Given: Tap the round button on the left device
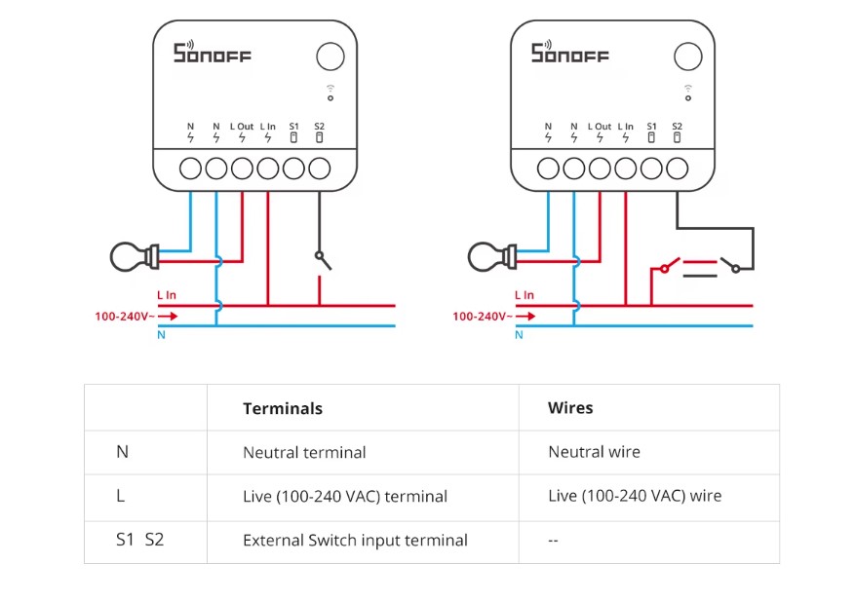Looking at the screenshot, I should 330,56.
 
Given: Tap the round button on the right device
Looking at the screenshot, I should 688,56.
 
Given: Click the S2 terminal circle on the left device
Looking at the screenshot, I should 320,169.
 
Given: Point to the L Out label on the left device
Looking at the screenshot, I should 242,127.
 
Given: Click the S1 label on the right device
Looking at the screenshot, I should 651,127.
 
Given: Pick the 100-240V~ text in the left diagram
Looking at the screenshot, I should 123,316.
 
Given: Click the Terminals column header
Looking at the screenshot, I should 282,408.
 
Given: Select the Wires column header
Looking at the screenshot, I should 570,408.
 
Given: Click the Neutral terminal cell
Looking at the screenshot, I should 304,452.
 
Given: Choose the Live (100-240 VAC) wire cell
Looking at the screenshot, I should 635,496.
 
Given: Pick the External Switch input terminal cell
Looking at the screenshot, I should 355,540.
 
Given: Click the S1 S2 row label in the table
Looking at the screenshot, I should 139,539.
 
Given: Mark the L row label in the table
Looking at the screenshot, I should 121,496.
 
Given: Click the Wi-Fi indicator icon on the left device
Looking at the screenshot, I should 330,92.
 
